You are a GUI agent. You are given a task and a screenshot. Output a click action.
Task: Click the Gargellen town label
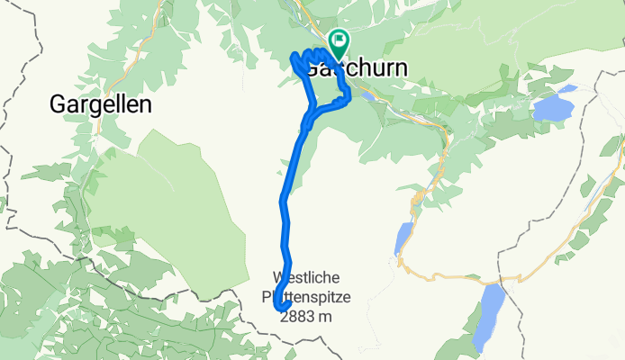click(99, 105)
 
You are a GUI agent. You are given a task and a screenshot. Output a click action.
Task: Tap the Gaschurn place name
click(356, 68)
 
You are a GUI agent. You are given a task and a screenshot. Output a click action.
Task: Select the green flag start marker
click(340, 39)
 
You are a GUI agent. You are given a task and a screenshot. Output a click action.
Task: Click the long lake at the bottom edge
click(488, 319)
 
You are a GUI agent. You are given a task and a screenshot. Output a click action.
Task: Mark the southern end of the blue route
click(277, 310)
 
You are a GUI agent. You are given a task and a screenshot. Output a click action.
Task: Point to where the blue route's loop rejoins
click(309, 117)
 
